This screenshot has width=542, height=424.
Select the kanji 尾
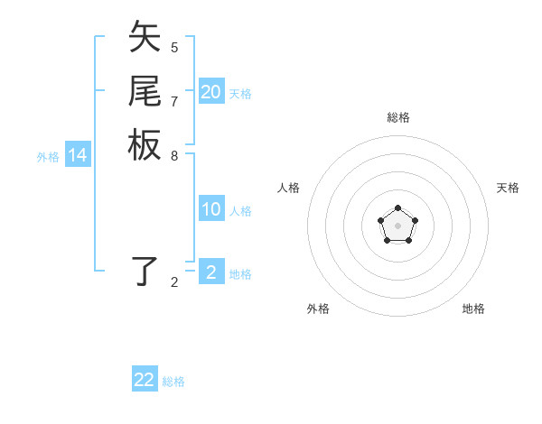pyautogui.click(x=145, y=91)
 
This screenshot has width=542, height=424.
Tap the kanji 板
pyautogui.click(x=145, y=144)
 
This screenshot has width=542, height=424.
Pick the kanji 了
pyautogui.click(x=145, y=271)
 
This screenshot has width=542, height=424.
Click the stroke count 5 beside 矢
pyautogui.click(x=174, y=47)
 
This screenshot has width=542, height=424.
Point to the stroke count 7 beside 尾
pyautogui.click(x=174, y=100)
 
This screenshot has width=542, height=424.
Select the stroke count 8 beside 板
pyautogui.click(x=174, y=154)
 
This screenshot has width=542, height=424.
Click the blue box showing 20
pyautogui.click(x=211, y=92)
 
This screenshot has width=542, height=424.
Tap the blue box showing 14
pyautogui.click(x=78, y=156)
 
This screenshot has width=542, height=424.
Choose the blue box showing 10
pyautogui.click(x=211, y=210)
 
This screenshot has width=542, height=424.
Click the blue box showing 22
pyautogui.click(x=145, y=380)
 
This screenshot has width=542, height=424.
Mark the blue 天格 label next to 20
pyautogui.click(x=240, y=94)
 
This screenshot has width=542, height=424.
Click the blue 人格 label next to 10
pyautogui.click(x=240, y=211)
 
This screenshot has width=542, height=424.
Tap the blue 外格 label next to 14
pyautogui.click(x=48, y=157)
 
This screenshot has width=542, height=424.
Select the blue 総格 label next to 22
pyautogui.click(x=173, y=382)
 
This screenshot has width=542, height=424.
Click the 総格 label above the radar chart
pyautogui.click(x=398, y=117)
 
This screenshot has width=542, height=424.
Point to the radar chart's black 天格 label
pyautogui.click(x=508, y=188)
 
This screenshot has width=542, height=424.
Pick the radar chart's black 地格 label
pyautogui.click(x=473, y=309)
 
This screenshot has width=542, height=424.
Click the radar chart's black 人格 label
pyautogui.click(x=289, y=188)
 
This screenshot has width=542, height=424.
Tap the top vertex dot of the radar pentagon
pyautogui.click(x=398, y=208)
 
